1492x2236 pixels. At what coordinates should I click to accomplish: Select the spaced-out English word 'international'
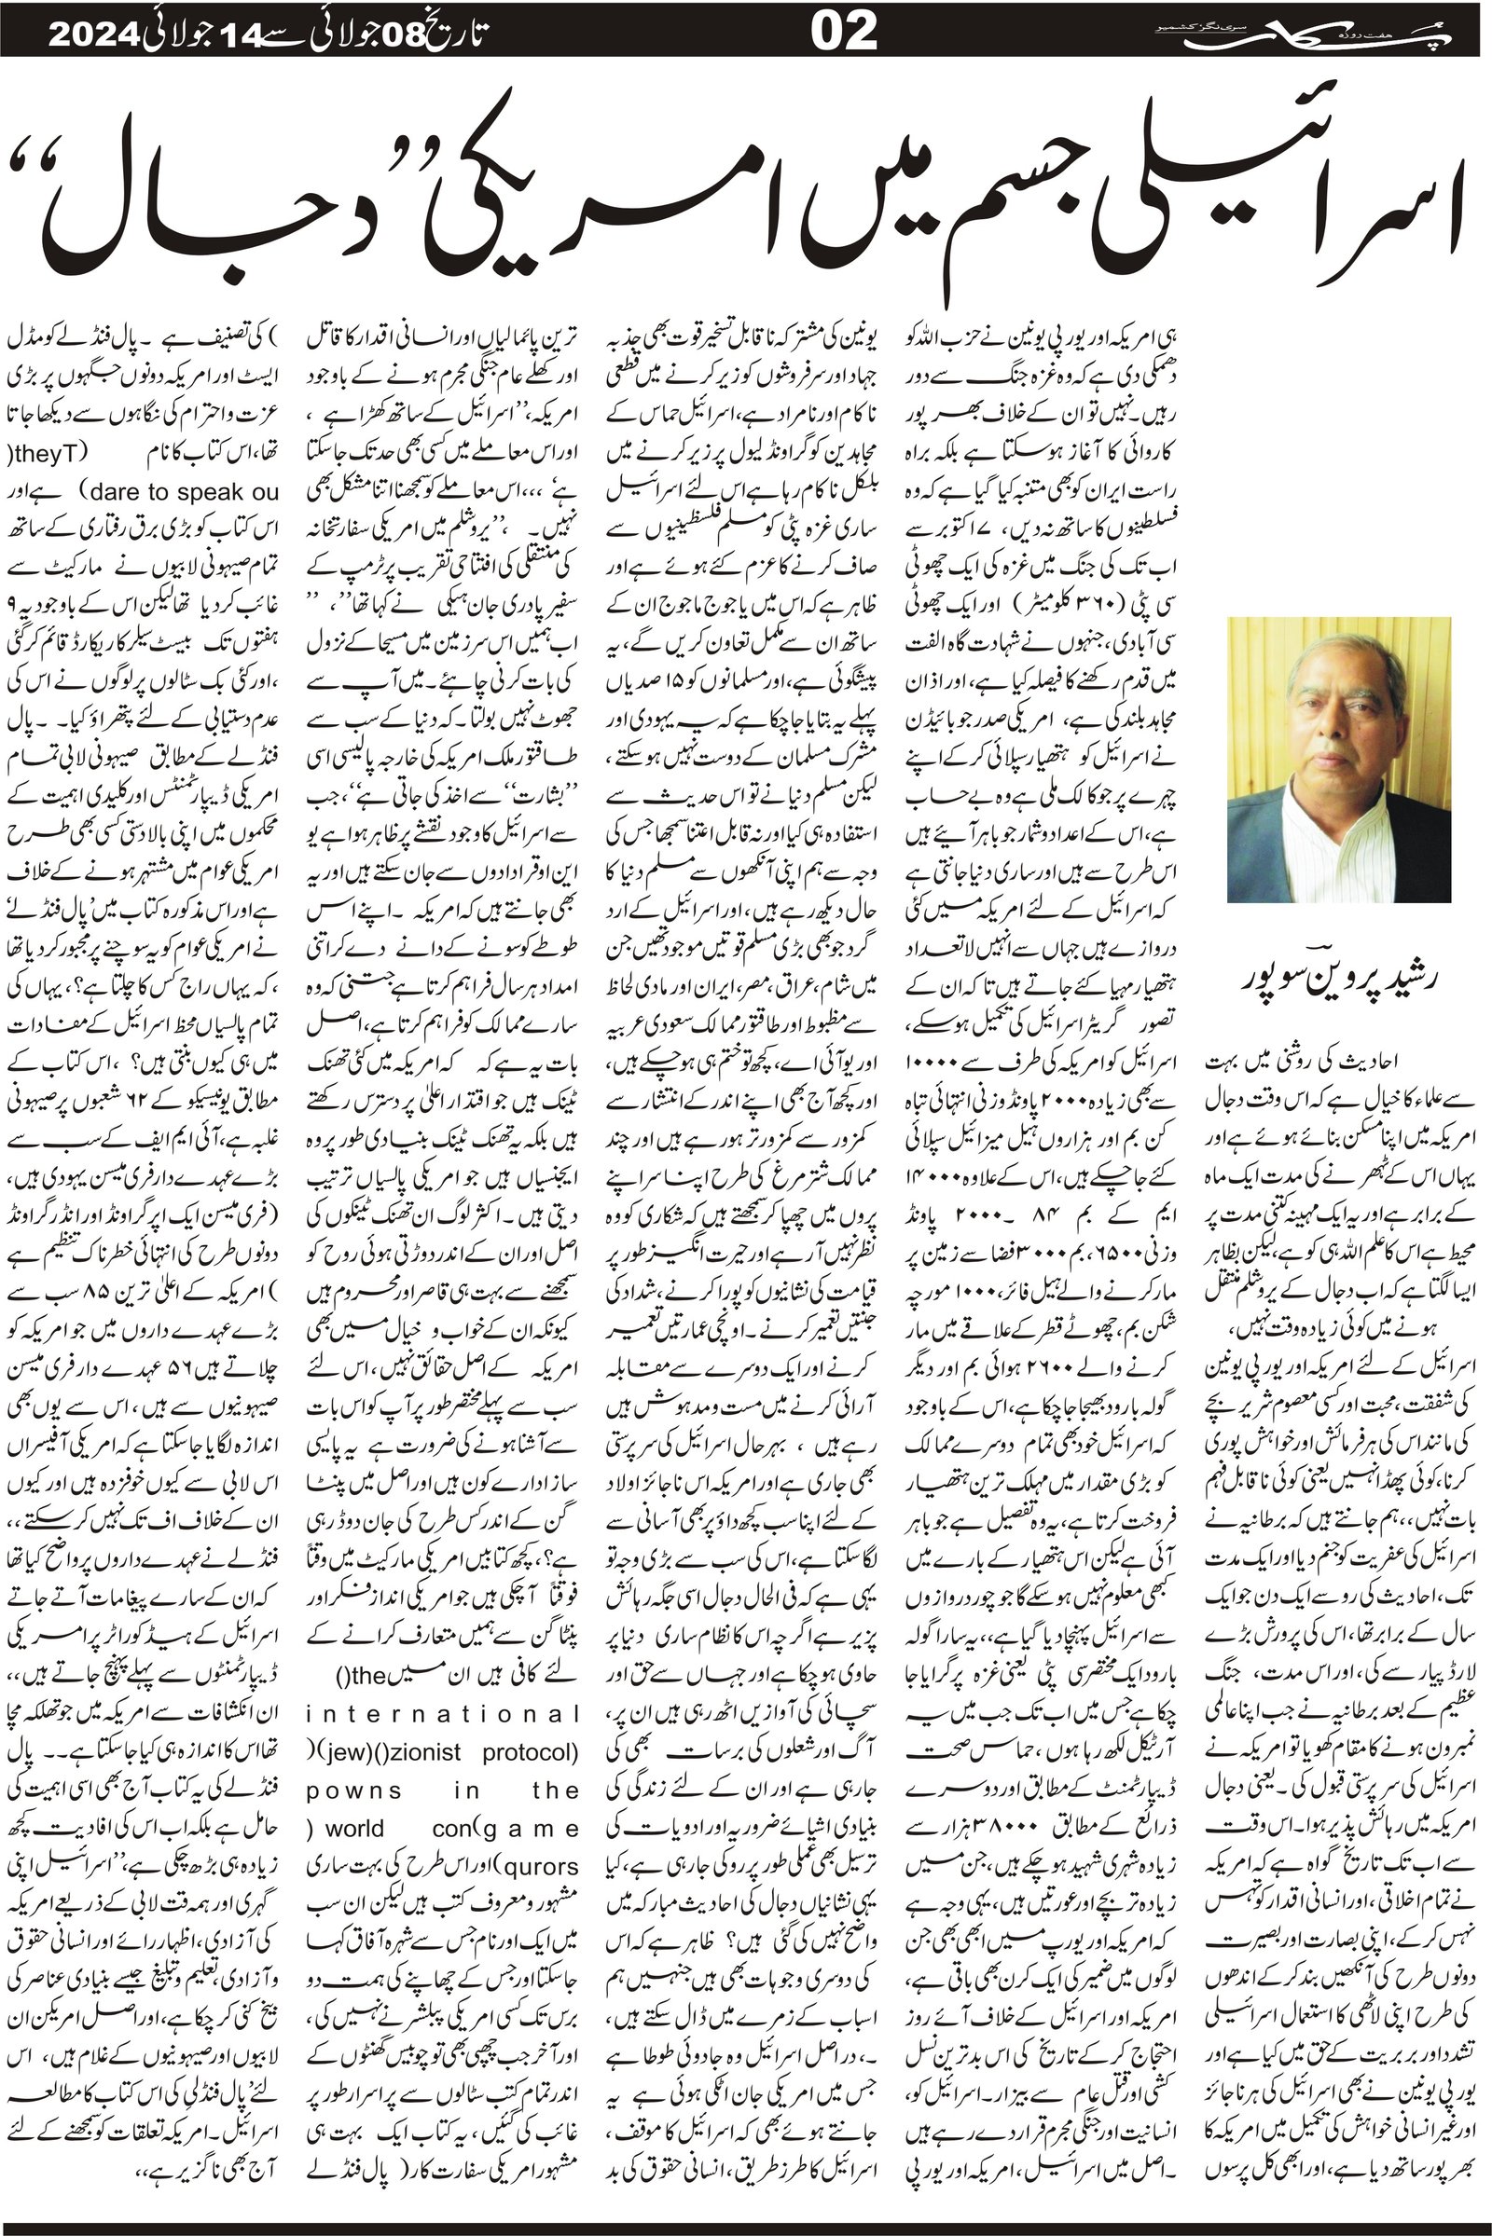442,1714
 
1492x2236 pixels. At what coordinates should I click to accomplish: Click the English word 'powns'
340,1790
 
